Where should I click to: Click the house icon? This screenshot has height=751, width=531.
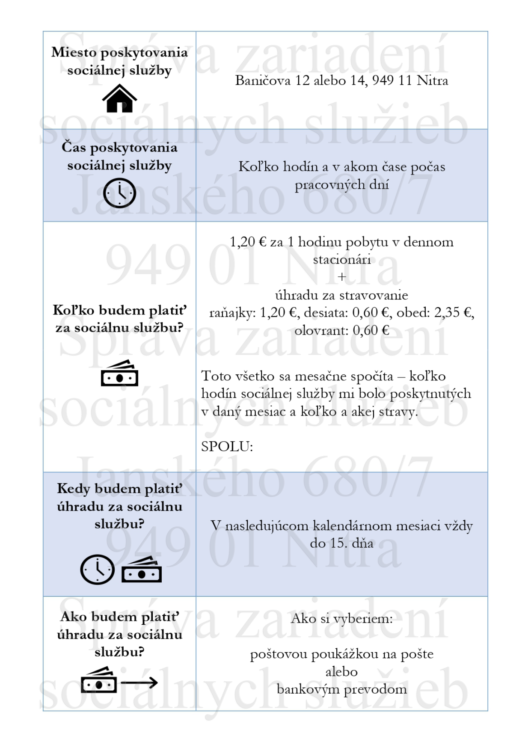[119, 99]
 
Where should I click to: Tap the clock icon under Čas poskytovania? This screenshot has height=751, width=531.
[119, 193]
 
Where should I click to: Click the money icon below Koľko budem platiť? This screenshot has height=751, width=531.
[119, 374]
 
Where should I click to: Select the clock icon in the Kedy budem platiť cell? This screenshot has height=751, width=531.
[98, 570]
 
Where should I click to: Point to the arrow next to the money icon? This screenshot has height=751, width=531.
[139, 683]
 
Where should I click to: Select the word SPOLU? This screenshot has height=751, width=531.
[227, 447]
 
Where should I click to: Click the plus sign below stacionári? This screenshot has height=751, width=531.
[341, 277]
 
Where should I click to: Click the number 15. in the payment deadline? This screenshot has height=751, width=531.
[338, 543]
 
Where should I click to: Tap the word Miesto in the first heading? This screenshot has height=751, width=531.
[74, 52]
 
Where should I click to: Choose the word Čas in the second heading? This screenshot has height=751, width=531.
[74, 147]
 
